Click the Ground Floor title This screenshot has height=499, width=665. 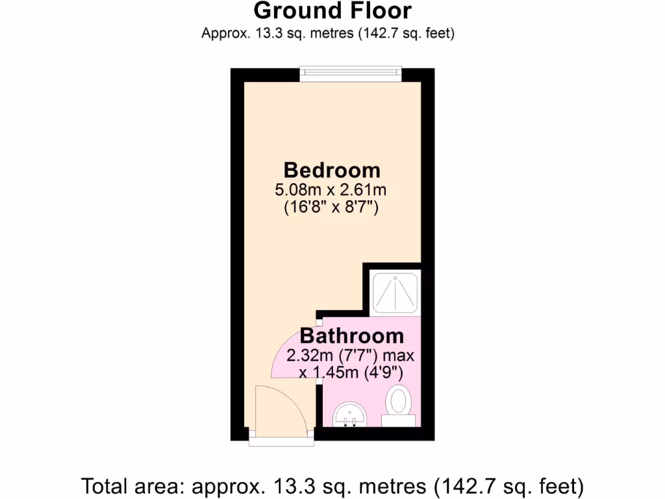coord(332,11)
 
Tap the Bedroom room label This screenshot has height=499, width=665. coord(332,170)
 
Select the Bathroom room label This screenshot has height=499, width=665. coord(351,336)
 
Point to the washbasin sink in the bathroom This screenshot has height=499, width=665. coord(351,415)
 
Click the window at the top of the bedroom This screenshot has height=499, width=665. coord(350,75)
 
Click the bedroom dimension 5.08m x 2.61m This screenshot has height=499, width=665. coord(332,190)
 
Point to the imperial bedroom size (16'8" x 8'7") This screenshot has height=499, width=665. coord(332,209)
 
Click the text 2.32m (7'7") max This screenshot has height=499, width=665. coord(351,355)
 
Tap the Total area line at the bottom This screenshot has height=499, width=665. coord(332,485)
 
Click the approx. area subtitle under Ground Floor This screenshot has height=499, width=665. coord(327,33)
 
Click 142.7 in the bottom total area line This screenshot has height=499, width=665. coord(470,485)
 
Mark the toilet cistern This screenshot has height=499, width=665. coord(397,421)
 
